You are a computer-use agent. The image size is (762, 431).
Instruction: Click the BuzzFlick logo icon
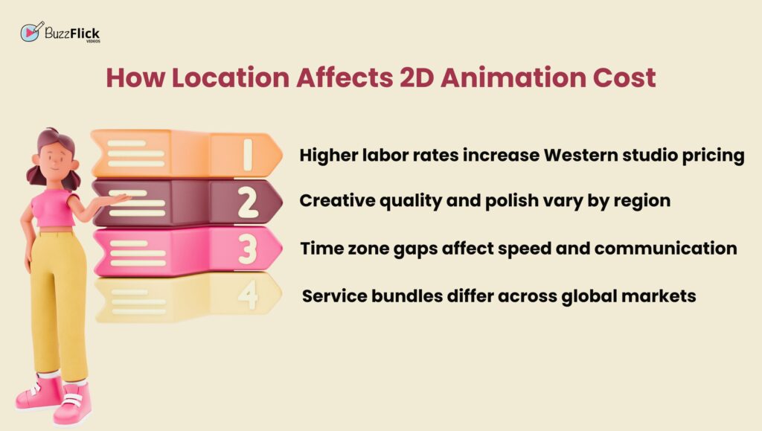[32, 31]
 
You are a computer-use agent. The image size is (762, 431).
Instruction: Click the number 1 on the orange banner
[248, 155]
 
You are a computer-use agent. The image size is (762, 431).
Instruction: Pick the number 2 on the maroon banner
[248, 202]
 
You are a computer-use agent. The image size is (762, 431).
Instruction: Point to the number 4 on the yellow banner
[248, 295]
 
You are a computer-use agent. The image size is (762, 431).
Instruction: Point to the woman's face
[54, 158]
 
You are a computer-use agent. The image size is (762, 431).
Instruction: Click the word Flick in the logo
[85, 34]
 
